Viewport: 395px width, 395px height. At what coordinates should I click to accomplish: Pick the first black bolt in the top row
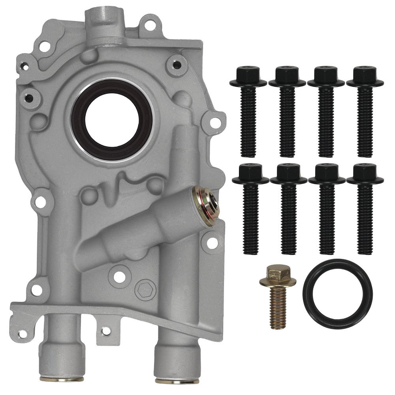(248, 111)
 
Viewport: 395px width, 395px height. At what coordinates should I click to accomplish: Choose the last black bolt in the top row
(365, 111)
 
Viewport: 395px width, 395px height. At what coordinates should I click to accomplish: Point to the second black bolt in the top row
(287, 111)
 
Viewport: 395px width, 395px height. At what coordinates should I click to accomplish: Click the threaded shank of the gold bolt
(278, 306)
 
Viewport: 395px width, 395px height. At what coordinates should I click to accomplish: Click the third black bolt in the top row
(326, 111)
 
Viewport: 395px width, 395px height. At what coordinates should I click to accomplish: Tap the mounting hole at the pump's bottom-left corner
(23, 334)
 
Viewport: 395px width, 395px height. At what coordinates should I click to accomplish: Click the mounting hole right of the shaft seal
(213, 123)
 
